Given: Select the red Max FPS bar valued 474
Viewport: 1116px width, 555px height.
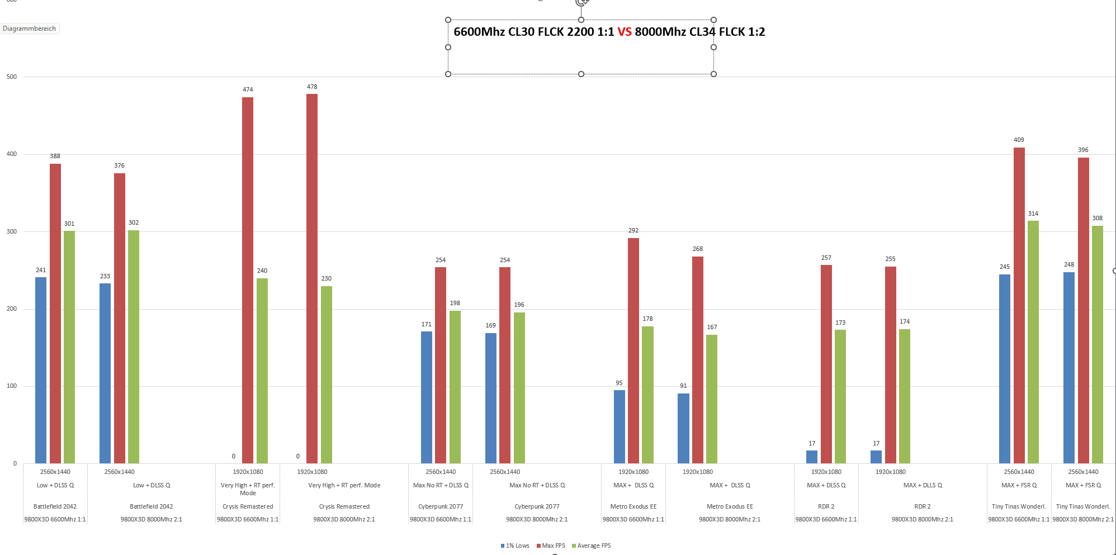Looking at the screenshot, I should [248, 280].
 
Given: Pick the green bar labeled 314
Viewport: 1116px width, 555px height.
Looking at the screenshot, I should [1033, 341].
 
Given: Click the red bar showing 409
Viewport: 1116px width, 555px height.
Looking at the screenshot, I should [1019, 305].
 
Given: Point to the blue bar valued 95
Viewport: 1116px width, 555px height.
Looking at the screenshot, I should [619, 426].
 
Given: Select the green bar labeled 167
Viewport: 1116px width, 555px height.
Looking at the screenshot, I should [712, 399].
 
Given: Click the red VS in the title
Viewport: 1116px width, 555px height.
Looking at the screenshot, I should [625, 32].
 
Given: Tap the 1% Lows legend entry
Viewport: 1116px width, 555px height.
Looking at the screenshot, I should [515, 545].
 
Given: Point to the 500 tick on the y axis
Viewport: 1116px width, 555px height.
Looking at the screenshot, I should [12, 77].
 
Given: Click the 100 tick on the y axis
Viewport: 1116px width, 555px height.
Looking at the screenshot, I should [12, 386].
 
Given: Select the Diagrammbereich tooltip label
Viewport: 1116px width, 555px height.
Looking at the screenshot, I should [30, 29].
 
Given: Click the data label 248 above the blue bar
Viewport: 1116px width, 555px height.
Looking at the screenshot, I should [1069, 264].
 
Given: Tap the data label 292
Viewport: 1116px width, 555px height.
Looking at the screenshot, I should [633, 230].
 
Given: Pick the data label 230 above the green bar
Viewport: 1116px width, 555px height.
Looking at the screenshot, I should [327, 278].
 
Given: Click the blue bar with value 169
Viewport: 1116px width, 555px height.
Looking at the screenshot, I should [491, 398].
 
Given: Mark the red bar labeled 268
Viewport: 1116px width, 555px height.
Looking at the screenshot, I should [698, 359].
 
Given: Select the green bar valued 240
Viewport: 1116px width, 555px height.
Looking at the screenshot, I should [262, 371].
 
